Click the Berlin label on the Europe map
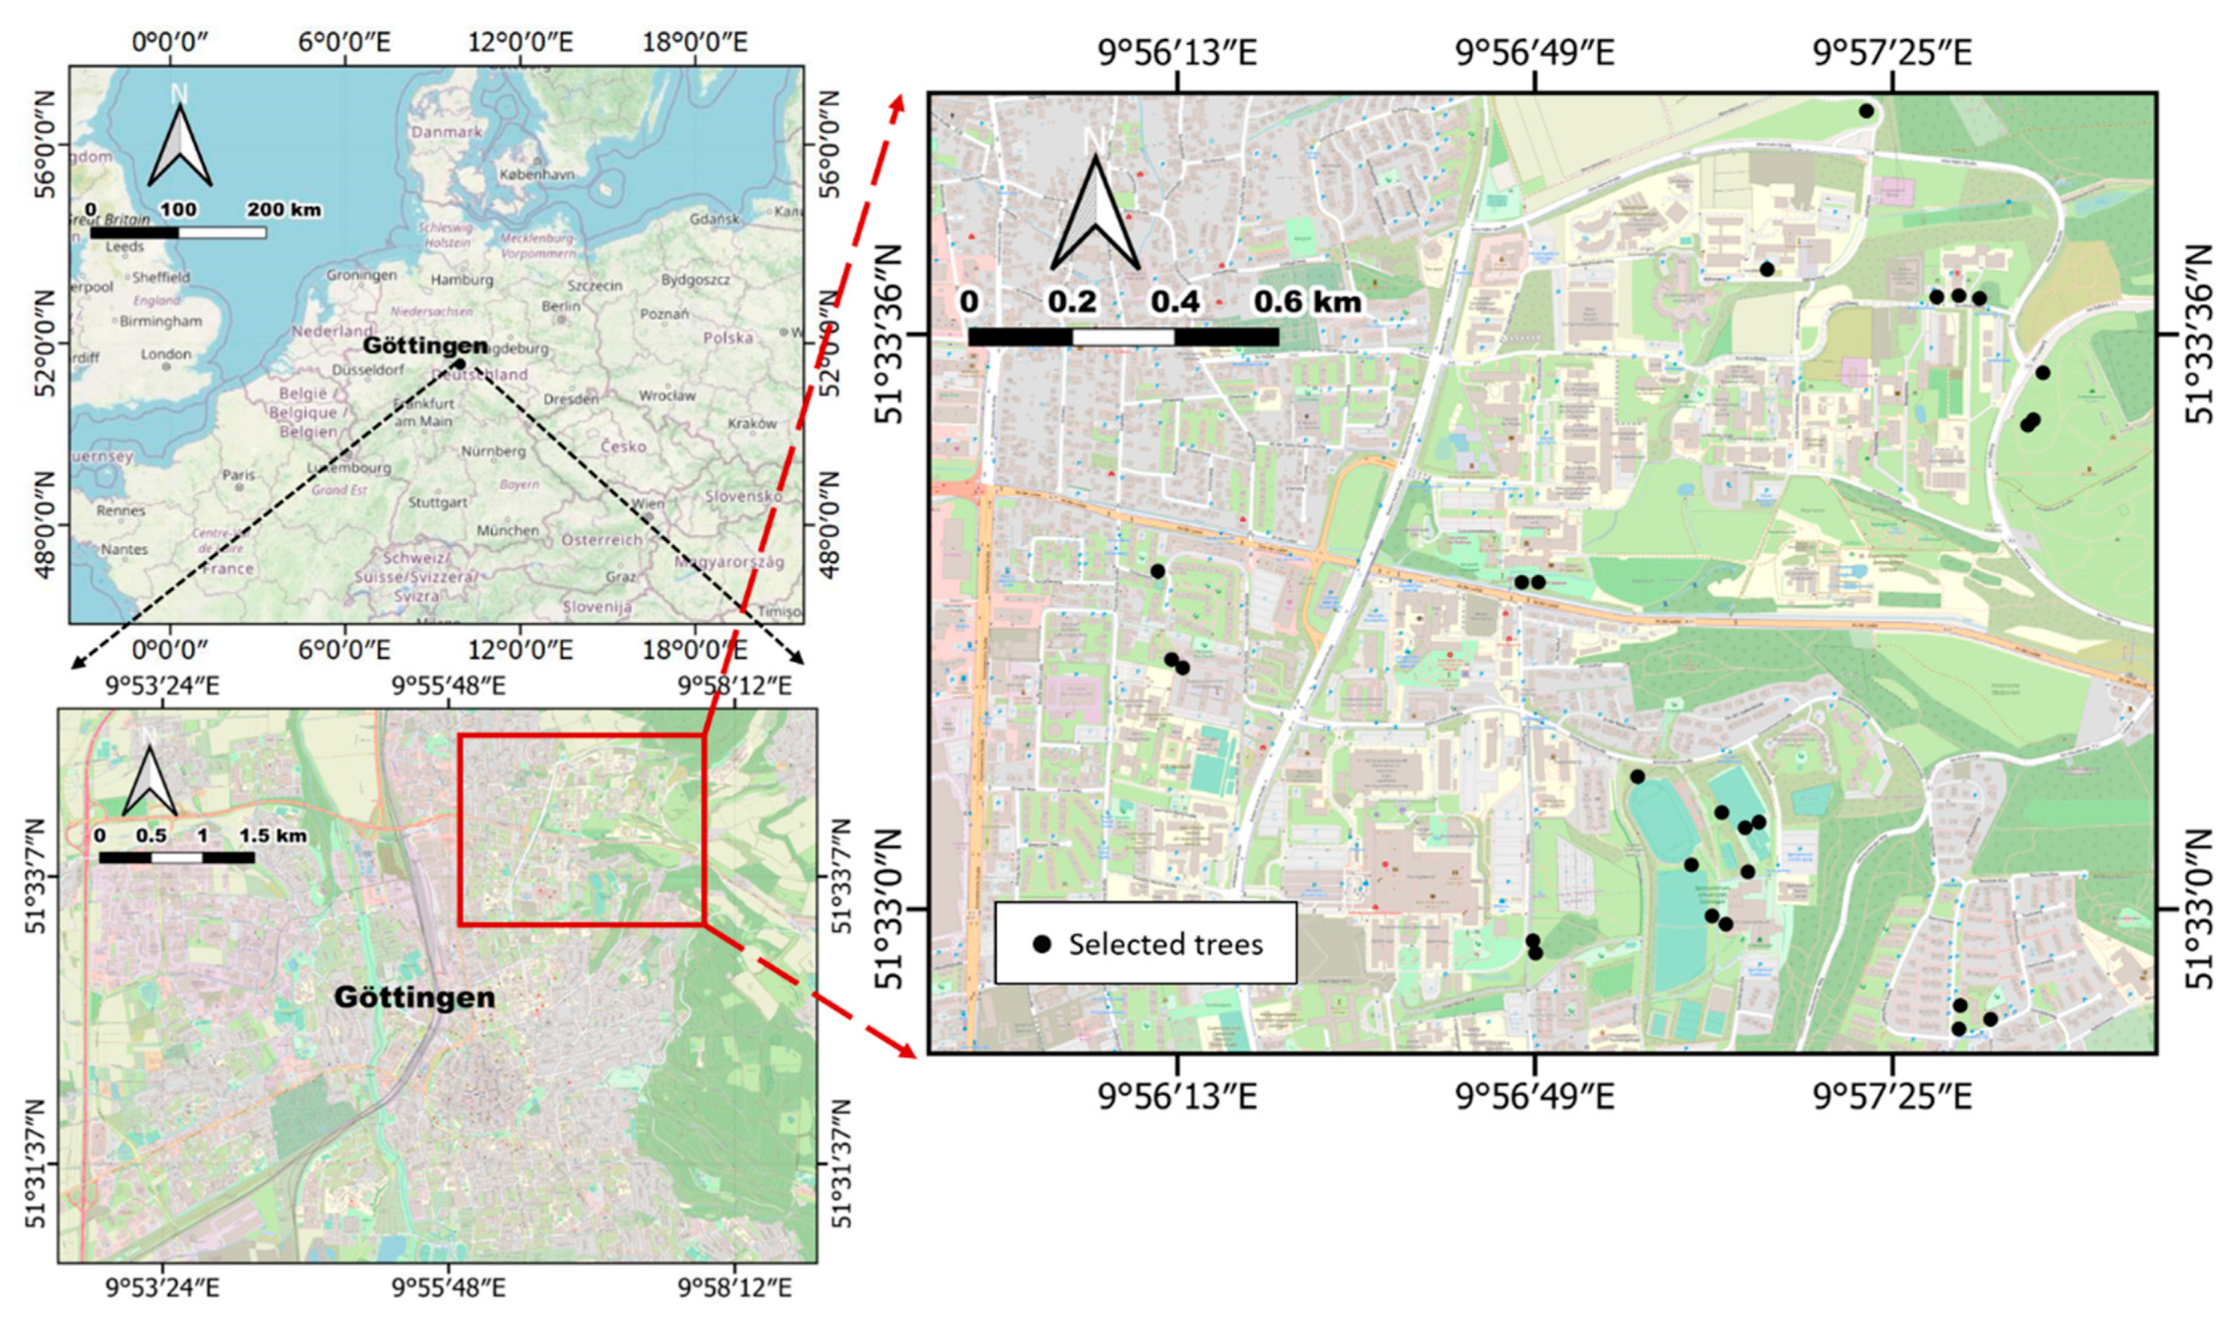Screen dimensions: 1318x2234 point(560,306)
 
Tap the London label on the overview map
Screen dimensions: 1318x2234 point(166,354)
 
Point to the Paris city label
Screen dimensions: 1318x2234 point(238,476)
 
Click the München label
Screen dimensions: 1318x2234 point(507,530)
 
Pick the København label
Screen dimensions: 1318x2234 point(536,174)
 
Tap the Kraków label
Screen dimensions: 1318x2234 point(751,424)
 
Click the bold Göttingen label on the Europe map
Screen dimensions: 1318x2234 point(426,345)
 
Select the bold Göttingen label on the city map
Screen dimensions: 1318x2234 point(415,997)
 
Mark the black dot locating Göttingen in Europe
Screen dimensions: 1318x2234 point(459,363)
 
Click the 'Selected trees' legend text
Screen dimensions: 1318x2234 point(1166,944)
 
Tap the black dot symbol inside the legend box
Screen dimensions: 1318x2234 point(1043,944)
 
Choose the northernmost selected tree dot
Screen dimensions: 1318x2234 point(1866,111)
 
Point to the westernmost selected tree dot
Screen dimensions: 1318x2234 point(1157,571)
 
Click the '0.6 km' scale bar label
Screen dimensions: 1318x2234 point(1307,303)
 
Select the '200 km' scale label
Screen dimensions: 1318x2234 point(283,210)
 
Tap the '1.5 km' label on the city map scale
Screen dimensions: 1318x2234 point(273,836)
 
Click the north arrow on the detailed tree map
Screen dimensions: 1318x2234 point(1095,213)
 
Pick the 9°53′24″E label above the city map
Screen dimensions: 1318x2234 point(163,687)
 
